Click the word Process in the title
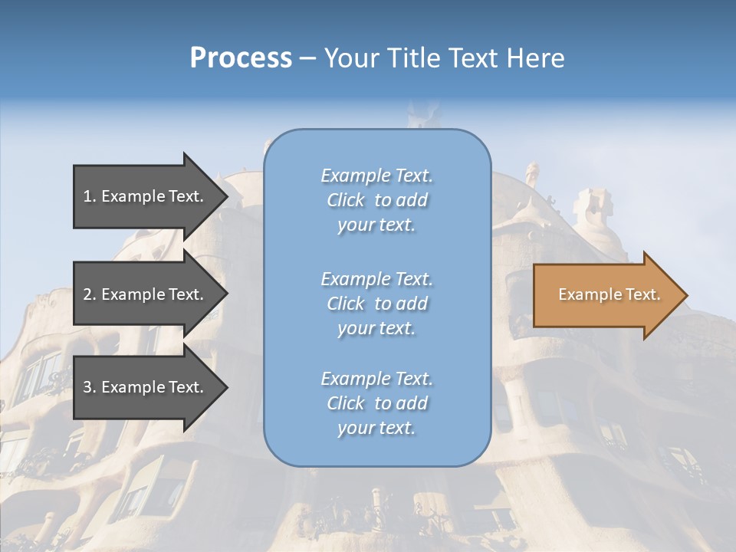(241, 58)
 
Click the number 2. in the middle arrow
(90, 294)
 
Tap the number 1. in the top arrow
(90, 196)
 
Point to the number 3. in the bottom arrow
(90, 387)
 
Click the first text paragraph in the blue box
(376, 200)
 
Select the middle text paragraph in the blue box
(376, 304)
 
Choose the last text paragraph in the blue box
(376, 403)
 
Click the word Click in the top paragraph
(345, 200)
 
